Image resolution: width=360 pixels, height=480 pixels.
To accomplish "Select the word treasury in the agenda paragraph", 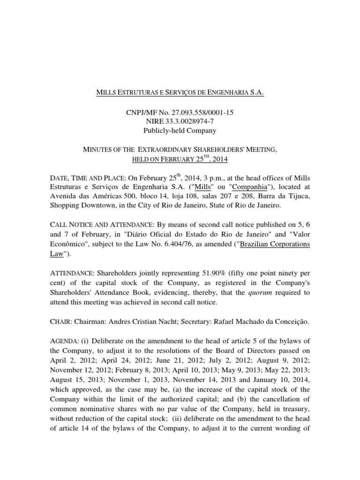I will (296, 410).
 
